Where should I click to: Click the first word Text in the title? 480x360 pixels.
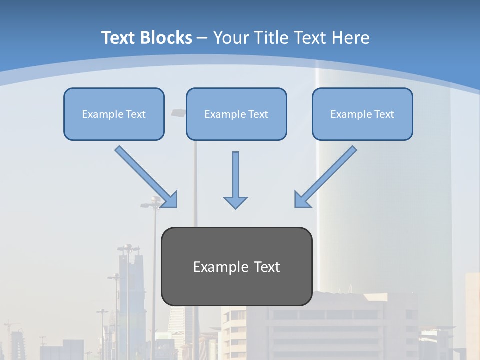[x=119, y=38]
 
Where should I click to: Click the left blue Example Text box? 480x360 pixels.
[x=114, y=114]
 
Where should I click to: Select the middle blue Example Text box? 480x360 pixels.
[x=236, y=114]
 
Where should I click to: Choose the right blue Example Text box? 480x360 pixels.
[x=362, y=114]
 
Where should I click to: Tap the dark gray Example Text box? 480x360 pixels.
[x=237, y=267]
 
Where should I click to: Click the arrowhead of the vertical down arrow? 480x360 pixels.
[x=235, y=202]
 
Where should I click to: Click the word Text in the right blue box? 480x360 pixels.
[x=384, y=114]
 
